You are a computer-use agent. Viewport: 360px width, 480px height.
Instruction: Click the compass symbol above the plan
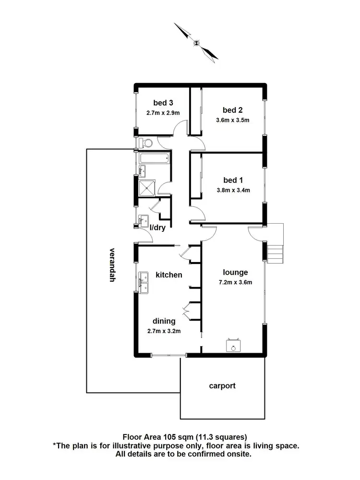coord(196,42)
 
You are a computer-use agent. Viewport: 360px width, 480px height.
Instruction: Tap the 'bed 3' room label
coord(163,102)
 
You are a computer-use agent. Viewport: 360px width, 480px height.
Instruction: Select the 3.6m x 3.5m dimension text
coord(233,120)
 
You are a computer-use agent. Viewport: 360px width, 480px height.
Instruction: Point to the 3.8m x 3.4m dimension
coord(233,190)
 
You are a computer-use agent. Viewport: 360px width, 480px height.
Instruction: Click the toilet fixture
coord(145,143)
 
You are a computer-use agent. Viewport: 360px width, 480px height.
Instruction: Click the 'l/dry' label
coord(157,228)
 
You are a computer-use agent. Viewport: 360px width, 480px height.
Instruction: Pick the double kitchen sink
coord(143,282)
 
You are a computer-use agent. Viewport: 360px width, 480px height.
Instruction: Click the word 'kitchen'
coord(168,275)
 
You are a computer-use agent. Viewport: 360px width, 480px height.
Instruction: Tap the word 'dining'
coord(164,321)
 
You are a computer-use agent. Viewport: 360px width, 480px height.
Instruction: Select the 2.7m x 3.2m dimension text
coord(164,331)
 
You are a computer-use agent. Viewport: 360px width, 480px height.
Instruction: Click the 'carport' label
coord(222,385)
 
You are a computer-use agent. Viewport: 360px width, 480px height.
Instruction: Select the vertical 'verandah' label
coord(112,264)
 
